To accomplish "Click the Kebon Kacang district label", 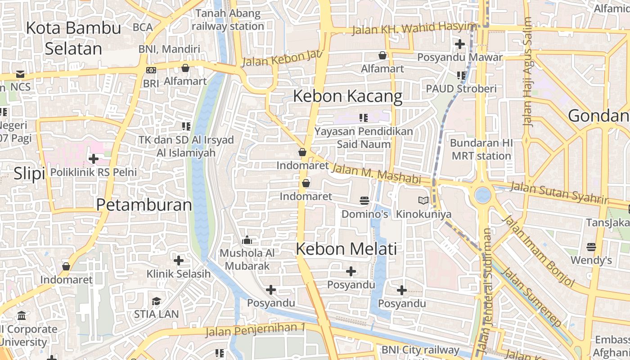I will tap(348, 96).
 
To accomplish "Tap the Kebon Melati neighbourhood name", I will tap(346, 249).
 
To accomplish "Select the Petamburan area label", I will tap(144, 205).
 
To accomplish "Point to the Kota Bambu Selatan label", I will tap(73, 38).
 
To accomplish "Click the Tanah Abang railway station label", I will tap(228, 20).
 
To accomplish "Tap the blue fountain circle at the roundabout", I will tap(482, 195).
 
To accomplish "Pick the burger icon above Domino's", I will tap(364, 200).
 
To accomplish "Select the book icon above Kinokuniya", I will tap(423, 200).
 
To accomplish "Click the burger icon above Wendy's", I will tap(591, 247).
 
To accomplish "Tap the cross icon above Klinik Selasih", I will tap(179, 260).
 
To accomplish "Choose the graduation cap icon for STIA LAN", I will tap(156, 301).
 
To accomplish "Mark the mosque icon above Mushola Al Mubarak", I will tap(247, 240).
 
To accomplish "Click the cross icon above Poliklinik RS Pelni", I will tap(94, 158).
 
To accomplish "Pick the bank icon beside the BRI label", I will tap(151, 70).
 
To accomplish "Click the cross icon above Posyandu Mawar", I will tap(459, 44).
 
